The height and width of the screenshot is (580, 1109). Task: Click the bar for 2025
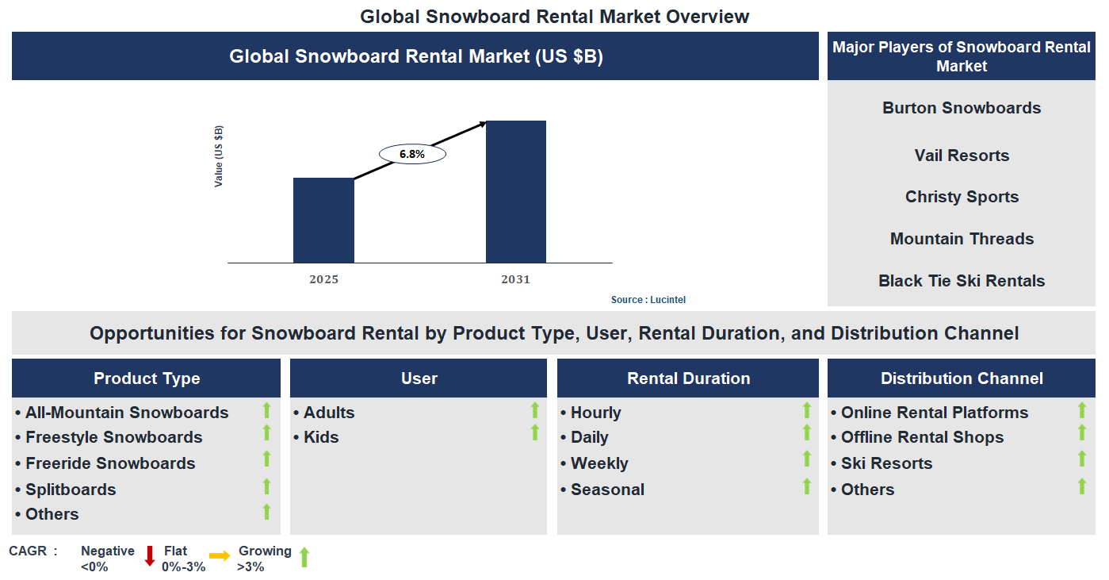coord(323,220)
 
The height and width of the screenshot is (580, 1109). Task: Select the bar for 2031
coord(515,191)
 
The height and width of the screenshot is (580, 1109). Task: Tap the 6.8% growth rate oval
coord(412,154)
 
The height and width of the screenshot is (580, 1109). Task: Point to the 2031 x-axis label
coord(515,279)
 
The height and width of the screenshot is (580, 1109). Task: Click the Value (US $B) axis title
coord(219,156)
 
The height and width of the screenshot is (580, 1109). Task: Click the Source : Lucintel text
coord(648,299)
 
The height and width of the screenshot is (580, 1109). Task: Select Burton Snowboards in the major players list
coord(962,108)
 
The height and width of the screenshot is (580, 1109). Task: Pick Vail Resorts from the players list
coord(962,156)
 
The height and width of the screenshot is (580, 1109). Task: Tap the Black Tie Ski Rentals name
coord(962,281)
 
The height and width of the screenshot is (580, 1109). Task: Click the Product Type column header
coord(147,378)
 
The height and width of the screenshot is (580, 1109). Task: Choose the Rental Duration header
coord(688,378)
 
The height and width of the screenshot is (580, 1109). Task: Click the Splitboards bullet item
coord(71,490)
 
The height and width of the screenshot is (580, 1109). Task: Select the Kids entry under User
coord(321,437)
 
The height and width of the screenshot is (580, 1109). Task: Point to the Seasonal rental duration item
coord(607,490)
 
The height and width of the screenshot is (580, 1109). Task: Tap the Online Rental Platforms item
coord(934,413)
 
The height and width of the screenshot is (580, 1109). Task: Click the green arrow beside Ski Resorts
coord(1081,459)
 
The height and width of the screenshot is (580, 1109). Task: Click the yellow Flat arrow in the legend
coord(220,556)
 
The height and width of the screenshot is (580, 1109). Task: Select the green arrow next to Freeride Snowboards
coord(267,459)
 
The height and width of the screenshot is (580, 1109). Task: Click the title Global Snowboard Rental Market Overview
coord(554,16)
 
